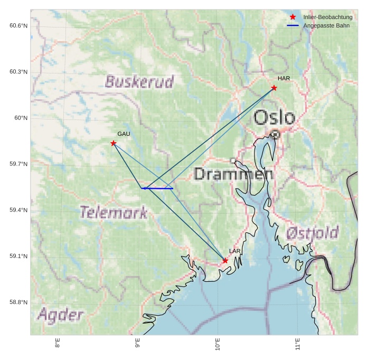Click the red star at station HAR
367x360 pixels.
[274, 88]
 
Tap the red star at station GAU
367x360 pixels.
[114, 143]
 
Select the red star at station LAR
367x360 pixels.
[225, 261]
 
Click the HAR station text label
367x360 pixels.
[284, 78]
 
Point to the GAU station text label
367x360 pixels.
[124, 134]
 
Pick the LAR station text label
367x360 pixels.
[235, 251]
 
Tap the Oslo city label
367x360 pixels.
[274, 117]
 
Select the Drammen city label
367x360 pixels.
[233, 174]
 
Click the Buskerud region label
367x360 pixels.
[139, 82]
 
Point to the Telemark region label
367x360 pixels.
[114, 213]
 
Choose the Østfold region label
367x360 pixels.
[312, 233]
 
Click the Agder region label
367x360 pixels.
[60, 316]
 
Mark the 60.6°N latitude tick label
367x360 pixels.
[18, 25]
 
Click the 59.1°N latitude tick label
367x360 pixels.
[18, 256]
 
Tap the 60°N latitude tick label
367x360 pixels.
[21, 118]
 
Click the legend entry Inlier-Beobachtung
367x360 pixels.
[327, 17]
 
